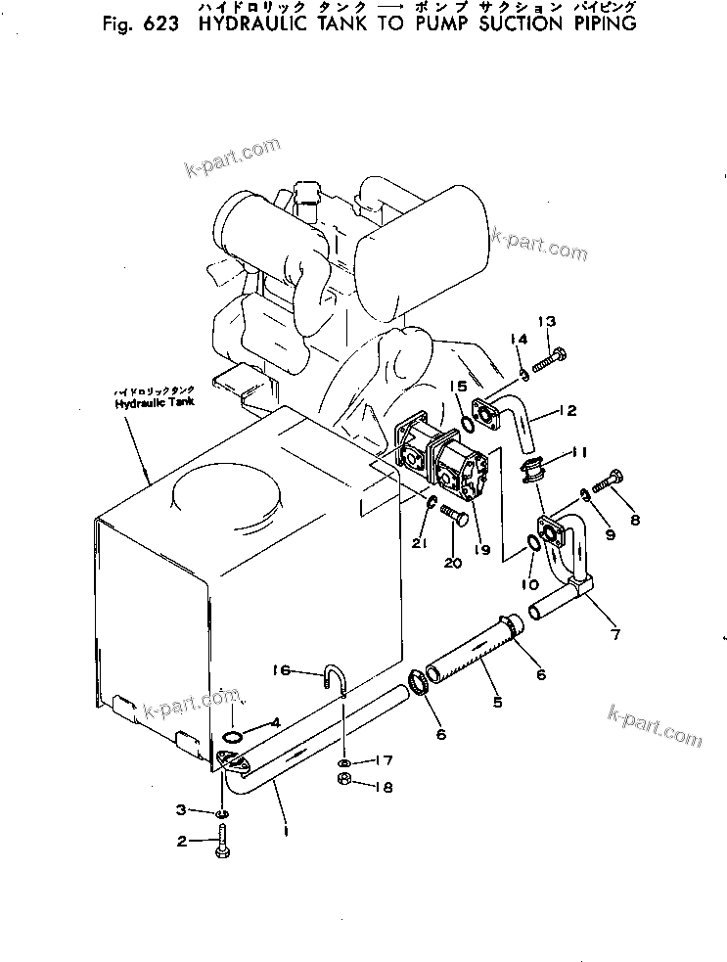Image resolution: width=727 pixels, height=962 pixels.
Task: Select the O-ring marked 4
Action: tap(233, 736)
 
